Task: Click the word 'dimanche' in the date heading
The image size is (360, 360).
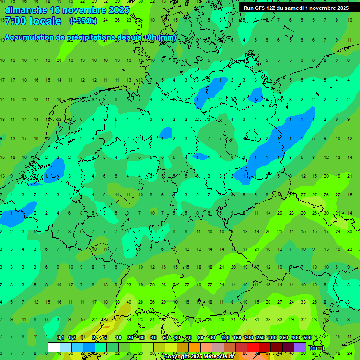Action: click(x=25, y=9)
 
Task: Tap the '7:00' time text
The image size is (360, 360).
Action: click(x=15, y=21)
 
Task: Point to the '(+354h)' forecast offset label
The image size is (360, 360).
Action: click(x=83, y=21)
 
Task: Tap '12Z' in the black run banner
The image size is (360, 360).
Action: click(x=274, y=8)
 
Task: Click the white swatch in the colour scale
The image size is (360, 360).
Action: click(x=54, y=347)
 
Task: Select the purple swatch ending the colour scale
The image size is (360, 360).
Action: click(x=300, y=347)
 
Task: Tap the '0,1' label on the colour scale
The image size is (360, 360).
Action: click(x=60, y=337)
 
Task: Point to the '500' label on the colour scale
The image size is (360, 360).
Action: click(x=307, y=337)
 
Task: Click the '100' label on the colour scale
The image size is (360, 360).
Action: click(x=225, y=337)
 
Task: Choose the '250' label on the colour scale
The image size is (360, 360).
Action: click(x=260, y=337)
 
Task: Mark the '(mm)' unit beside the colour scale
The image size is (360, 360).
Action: click(x=317, y=348)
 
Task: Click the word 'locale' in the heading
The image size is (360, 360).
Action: click(x=45, y=21)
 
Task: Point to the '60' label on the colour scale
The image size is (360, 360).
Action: click(x=177, y=337)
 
